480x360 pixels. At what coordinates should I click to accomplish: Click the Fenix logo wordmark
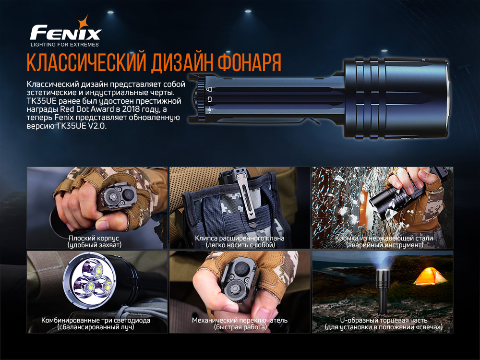65,34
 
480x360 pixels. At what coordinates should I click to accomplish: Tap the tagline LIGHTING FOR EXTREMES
65,45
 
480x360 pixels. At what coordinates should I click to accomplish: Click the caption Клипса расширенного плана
240,238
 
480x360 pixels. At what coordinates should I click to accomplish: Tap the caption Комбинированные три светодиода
96,320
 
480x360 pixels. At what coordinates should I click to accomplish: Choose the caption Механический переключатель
240,320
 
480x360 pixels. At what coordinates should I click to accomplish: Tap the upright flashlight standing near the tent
383,293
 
